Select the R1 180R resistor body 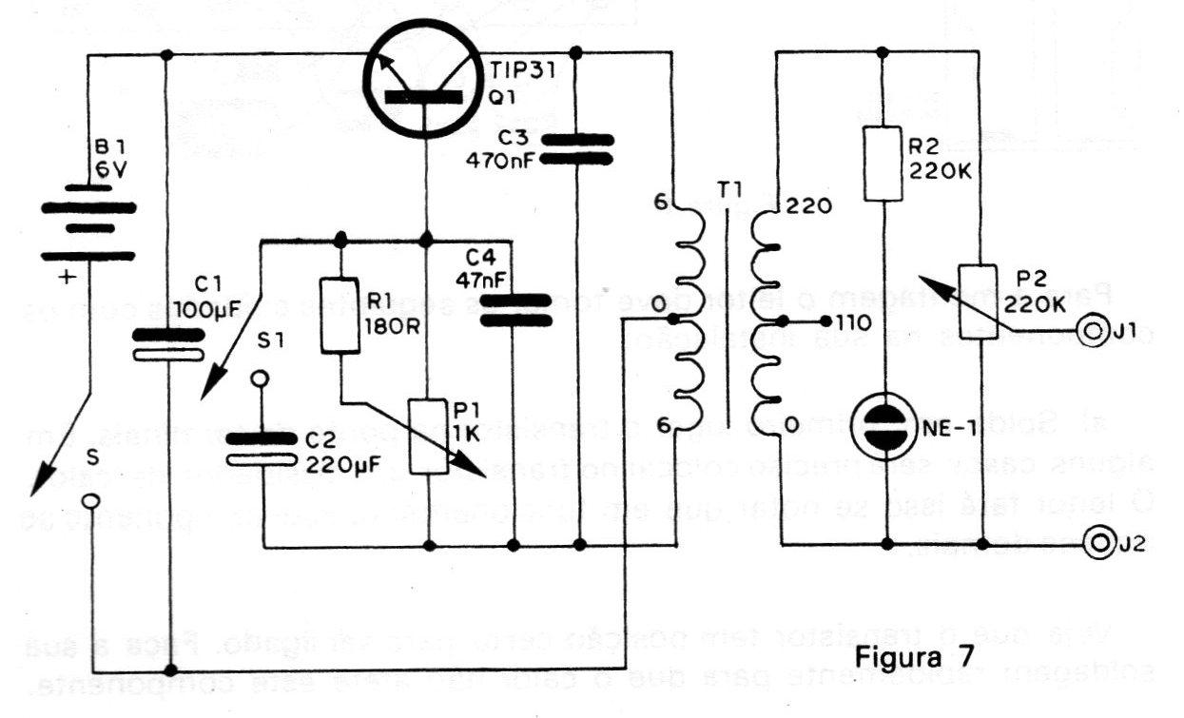click(340, 316)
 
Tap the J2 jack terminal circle click(1100, 545)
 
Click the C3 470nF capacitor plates click(578, 148)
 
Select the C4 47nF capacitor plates click(514, 309)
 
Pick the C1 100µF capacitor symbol click(166, 343)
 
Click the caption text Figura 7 click(901, 656)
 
